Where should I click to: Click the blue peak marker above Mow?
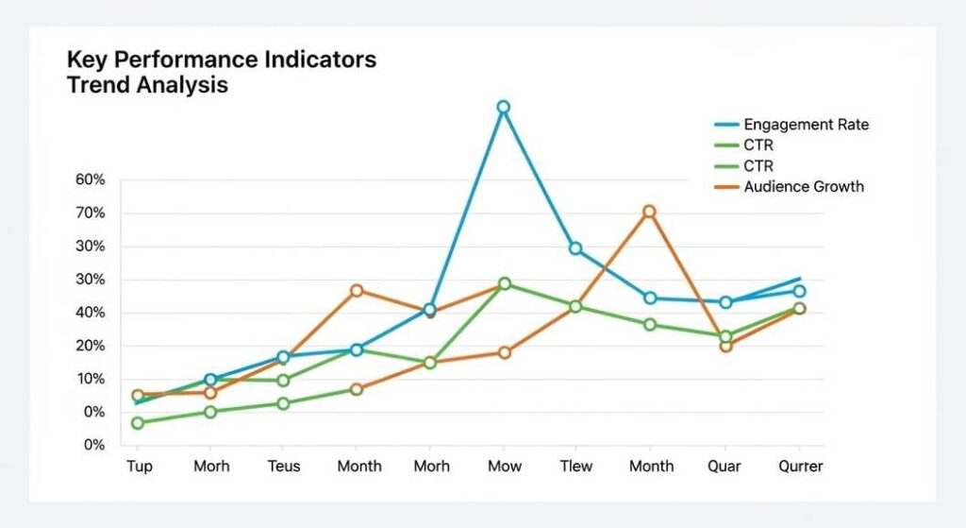click(x=503, y=107)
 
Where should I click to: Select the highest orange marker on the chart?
click(x=649, y=212)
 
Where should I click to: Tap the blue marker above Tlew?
click(x=575, y=248)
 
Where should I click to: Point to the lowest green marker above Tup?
click(x=138, y=422)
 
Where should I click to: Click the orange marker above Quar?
click(x=725, y=346)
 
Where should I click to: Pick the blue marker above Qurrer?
click(x=799, y=291)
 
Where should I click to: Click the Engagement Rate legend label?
click(x=806, y=125)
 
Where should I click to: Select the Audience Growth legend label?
click(x=803, y=187)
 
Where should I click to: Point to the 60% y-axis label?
click(x=90, y=180)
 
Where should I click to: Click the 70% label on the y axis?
click(x=90, y=213)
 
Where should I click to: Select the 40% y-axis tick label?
click(x=90, y=313)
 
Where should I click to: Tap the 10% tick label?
click(x=90, y=379)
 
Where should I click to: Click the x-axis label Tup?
click(x=139, y=467)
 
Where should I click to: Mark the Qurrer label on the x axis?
click(x=800, y=467)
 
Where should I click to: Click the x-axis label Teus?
click(x=283, y=467)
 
